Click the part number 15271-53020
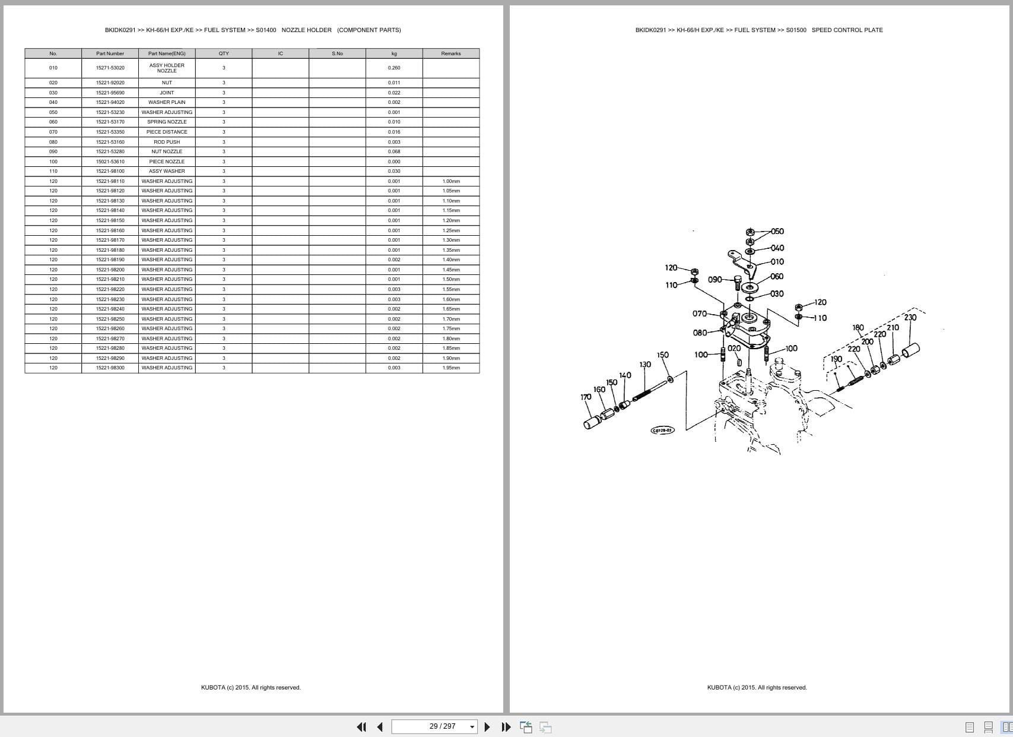pyautogui.click(x=110, y=68)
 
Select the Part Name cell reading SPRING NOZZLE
pyautogui.click(x=167, y=122)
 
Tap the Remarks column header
pyautogui.click(x=450, y=53)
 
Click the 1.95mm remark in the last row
pyautogui.click(x=451, y=368)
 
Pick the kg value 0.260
pyautogui.click(x=394, y=68)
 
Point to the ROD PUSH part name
pyautogui.click(x=167, y=142)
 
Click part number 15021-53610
pyautogui.click(x=110, y=162)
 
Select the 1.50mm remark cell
pyautogui.click(x=451, y=279)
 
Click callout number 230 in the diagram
pyautogui.click(x=910, y=318)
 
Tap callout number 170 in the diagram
pyautogui.click(x=586, y=397)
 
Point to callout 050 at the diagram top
pyautogui.click(x=777, y=232)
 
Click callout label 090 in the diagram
pyautogui.click(x=715, y=280)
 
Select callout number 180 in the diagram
pyautogui.click(x=858, y=328)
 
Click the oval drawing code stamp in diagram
pyautogui.click(x=662, y=430)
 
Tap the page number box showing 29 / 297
pyautogui.click(x=434, y=726)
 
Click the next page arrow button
pyautogui.click(x=487, y=726)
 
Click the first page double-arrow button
pyautogui.click(x=361, y=726)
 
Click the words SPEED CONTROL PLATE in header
pyautogui.click(x=847, y=30)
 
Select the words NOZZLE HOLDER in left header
pyautogui.click(x=306, y=30)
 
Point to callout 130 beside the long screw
pyautogui.click(x=644, y=365)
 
